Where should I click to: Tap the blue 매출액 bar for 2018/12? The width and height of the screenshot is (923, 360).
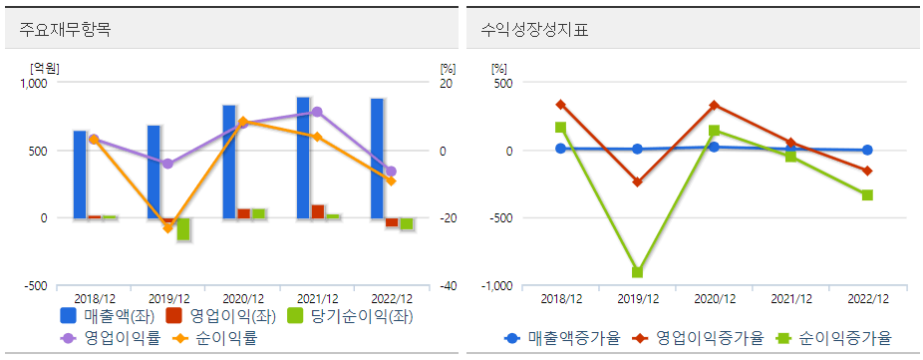pyautogui.click(x=80, y=175)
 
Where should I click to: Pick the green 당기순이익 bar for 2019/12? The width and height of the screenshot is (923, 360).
pyautogui.click(x=183, y=229)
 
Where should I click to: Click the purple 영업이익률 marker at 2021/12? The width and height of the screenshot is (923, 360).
pyautogui.click(x=317, y=112)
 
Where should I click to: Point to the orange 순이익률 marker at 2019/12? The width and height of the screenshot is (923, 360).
pyautogui.click(x=167, y=228)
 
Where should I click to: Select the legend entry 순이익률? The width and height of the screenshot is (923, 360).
pyautogui.click(x=225, y=338)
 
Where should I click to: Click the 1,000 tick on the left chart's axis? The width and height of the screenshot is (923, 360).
pyautogui.click(x=34, y=84)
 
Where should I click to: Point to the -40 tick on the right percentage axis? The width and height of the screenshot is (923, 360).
pyautogui.click(x=449, y=286)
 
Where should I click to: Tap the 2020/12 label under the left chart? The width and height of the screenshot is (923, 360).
pyautogui.click(x=243, y=298)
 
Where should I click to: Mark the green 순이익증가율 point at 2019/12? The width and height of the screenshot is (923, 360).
pyautogui.click(x=637, y=272)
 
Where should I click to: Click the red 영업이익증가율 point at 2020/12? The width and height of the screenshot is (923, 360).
pyautogui.click(x=714, y=105)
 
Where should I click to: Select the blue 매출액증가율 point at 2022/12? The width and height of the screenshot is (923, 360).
pyautogui.click(x=867, y=150)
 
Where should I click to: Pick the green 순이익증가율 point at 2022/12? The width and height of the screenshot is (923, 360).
pyautogui.click(x=867, y=194)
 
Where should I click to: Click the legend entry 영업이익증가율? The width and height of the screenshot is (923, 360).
pyautogui.click(x=707, y=338)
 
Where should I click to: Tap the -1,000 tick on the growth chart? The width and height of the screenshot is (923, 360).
pyautogui.click(x=497, y=286)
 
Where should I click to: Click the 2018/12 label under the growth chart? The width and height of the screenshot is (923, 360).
pyautogui.click(x=560, y=298)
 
